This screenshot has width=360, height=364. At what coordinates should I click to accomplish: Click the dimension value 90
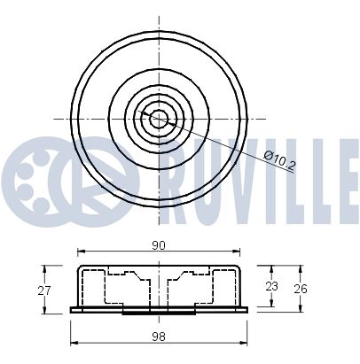pos(159,245)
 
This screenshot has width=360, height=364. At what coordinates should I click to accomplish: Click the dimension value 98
pos(159,337)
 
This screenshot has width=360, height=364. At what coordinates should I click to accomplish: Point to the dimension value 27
pos(44,290)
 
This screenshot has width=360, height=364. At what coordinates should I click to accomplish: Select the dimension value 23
pos(271,286)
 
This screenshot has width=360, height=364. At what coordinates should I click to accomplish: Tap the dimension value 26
pos(301,289)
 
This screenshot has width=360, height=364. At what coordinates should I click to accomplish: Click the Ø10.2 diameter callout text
pos(280,161)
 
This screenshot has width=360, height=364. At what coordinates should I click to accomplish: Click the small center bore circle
pos(159,119)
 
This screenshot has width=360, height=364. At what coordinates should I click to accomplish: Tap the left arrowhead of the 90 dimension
pos(81,252)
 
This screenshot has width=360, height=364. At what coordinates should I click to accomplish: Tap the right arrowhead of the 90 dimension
pos(236,252)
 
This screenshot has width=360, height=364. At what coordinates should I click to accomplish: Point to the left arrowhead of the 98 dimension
pos(74,343)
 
